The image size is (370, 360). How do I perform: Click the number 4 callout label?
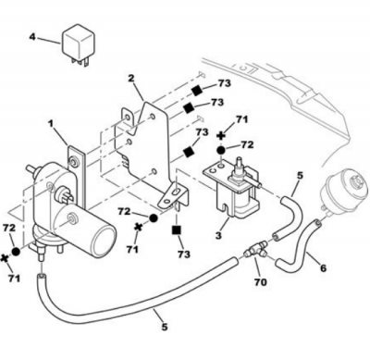pos(32,37)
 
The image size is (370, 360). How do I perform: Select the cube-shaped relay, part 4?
pos(78,45)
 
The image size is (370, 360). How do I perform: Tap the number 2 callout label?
pos(131,78)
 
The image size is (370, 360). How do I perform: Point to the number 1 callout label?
pos(50,124)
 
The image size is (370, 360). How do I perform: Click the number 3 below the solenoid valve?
pos(218,236)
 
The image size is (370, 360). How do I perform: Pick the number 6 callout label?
pos(323,268)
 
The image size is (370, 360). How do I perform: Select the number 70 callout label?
pos(260,282)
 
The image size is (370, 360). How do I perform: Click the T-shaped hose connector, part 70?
pos(255,250)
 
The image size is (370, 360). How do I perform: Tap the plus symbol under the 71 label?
pos(221,136)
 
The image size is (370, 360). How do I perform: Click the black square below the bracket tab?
pos(177,230)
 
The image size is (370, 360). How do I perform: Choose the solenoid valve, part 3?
pos(232,186)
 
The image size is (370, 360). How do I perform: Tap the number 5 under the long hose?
pos(165,327)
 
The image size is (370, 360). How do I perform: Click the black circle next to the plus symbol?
pos(221,150)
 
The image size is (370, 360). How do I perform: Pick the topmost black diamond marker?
pos(196,90)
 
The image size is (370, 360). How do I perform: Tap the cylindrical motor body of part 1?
pos(90,228)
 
